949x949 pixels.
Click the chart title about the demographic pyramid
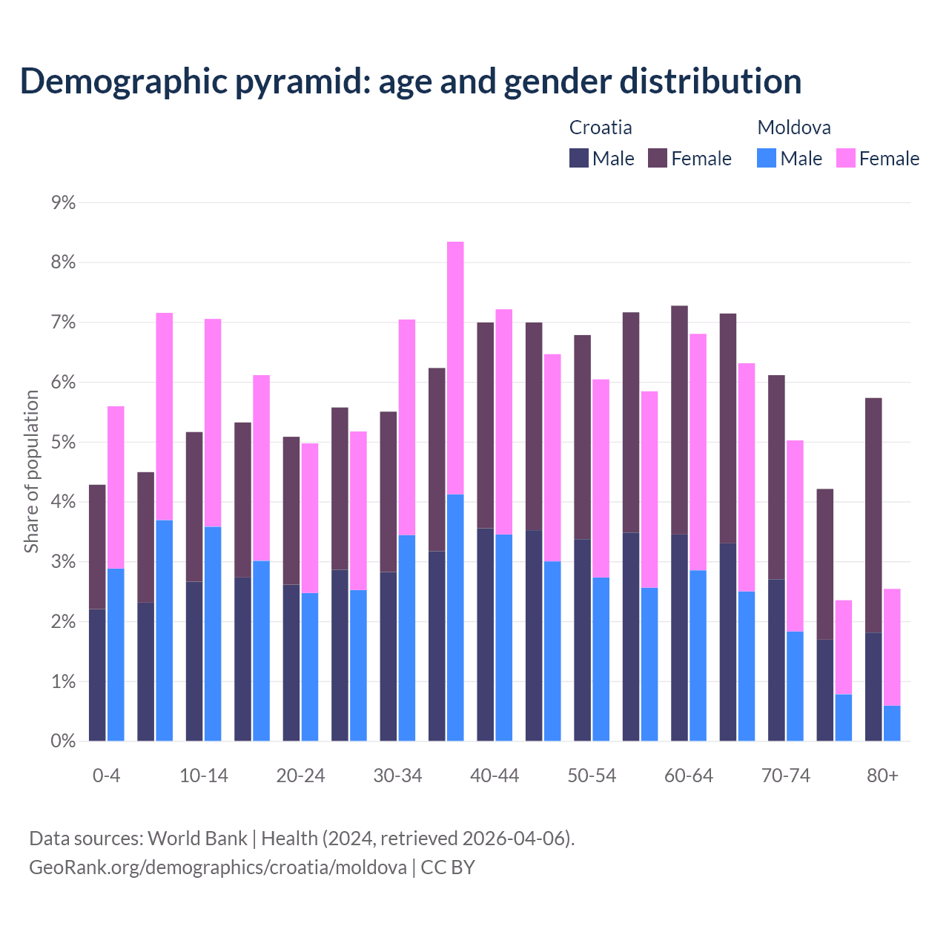coord(411,81)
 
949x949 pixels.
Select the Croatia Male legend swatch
coord(579,158)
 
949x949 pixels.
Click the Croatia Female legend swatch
coord(658,158)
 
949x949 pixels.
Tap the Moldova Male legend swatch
coord(767,158)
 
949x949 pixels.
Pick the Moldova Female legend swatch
coord(845,158)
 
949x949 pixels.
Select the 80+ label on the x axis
coord(882,776)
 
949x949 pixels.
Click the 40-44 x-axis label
coord(495,776)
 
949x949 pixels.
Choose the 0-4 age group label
coord(106,776)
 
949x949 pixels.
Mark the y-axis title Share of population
coord(31,472)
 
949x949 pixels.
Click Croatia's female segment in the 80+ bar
coord(873,515)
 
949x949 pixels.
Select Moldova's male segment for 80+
coord(892,723)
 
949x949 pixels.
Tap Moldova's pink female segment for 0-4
coord(116,487)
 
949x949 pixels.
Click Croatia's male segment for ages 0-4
coord(97,675)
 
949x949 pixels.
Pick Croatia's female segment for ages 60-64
coord(679,420)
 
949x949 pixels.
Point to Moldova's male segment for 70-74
coord(795,686)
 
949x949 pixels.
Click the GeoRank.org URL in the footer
coord(217,867)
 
